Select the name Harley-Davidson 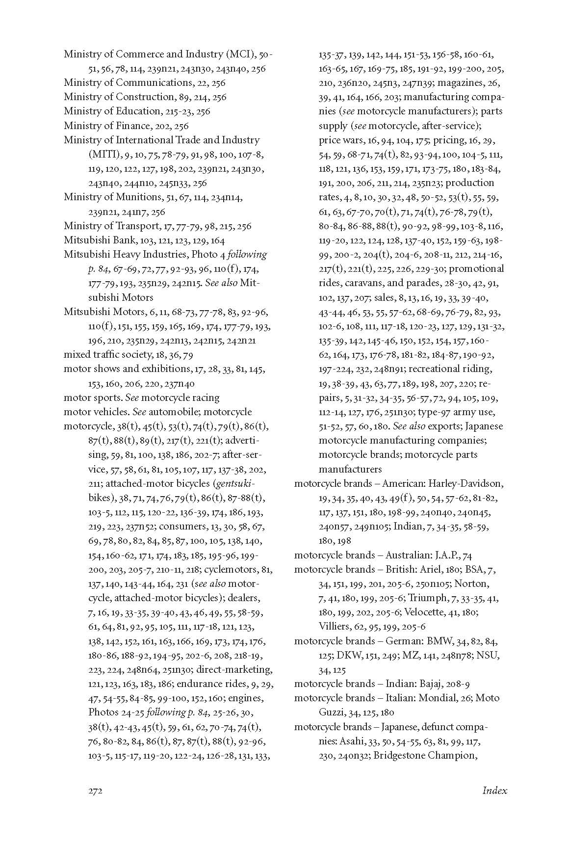pos(467,484)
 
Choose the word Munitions pos(139,197)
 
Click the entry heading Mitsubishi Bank pos(95,240)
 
